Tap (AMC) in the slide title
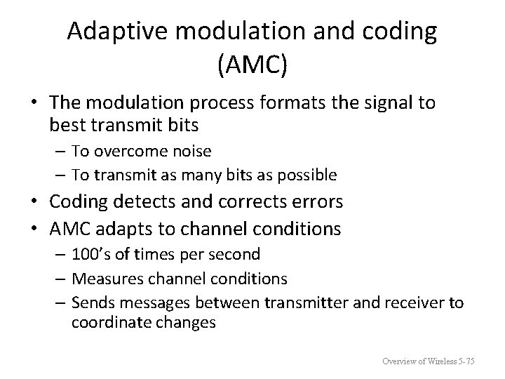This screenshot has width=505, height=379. (x=252, y=66)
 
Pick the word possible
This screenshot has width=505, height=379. (x=309, y=174)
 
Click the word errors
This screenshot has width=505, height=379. (x=316, y=202)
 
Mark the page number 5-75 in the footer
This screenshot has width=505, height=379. (x=465, y=361)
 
